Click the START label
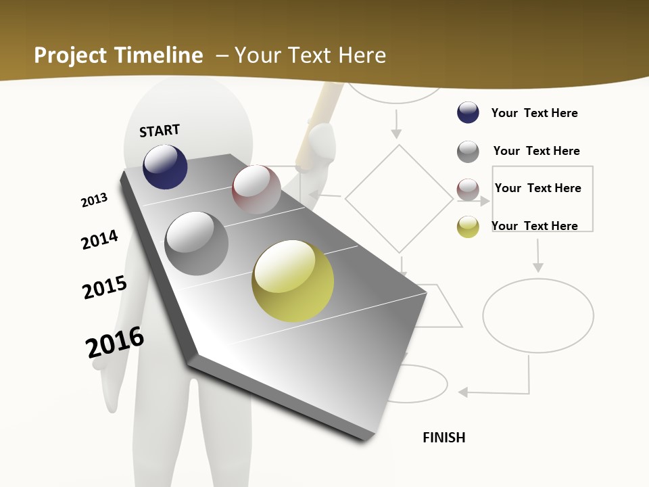pos(160,131)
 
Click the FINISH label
pos(444,438)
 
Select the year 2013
pos(95,200)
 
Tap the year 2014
pos(100,239)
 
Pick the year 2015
pos(105,287)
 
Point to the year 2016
pos(115,342)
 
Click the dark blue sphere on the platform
pos(165,167)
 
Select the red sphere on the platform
pos(256,189)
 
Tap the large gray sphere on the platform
pos(197,243)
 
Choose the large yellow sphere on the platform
pos(293,281)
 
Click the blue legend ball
pos(468,112)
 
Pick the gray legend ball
pos(468,152)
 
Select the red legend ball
pos(468,189)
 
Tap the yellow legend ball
pos(468,227)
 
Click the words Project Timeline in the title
pos(118,55)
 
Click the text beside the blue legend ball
pos(534,113)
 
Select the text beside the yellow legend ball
pos(534,226)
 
